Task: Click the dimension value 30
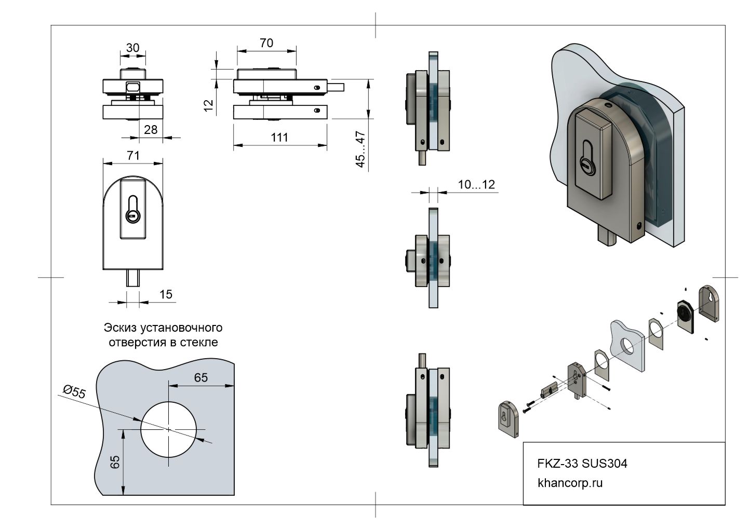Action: coord(132,48)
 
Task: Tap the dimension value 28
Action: coord(150,129)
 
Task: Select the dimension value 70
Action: coord(266,43)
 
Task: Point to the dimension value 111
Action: coord(279,138)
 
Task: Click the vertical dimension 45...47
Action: coord(360,150)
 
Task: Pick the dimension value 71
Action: coord(133,155)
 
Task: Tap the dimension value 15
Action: coord(166,294)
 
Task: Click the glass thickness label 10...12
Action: coord(476,184)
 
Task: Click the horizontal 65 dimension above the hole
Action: coord(201,377)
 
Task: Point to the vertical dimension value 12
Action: coord(209,105)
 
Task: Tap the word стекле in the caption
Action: coord(199,343)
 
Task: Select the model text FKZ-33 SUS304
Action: coord(582,463)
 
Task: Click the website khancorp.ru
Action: coord(570,483)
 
